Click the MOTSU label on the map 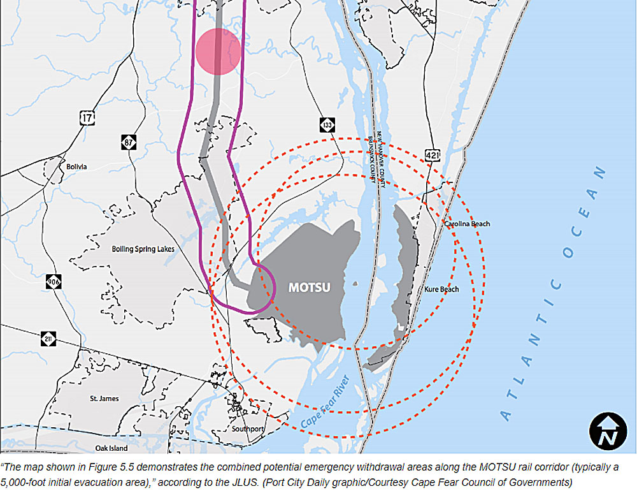pyautogui.click(x=310, y=287)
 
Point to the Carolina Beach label pyautogui.click(x=467, y=224)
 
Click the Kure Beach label pyautogui.click(x=441, y=289)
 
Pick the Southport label pyautogui.click(x=248, y=429)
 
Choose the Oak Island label pyautogui.click(x=111, y=448)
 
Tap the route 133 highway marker pyautogui.click(x=327, y=126)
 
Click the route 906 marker pyautogui.click(x=54, y=281)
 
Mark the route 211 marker pyautogui.click(x=49, y=339)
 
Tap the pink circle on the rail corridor pyautogui.click(x=218, y=52)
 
